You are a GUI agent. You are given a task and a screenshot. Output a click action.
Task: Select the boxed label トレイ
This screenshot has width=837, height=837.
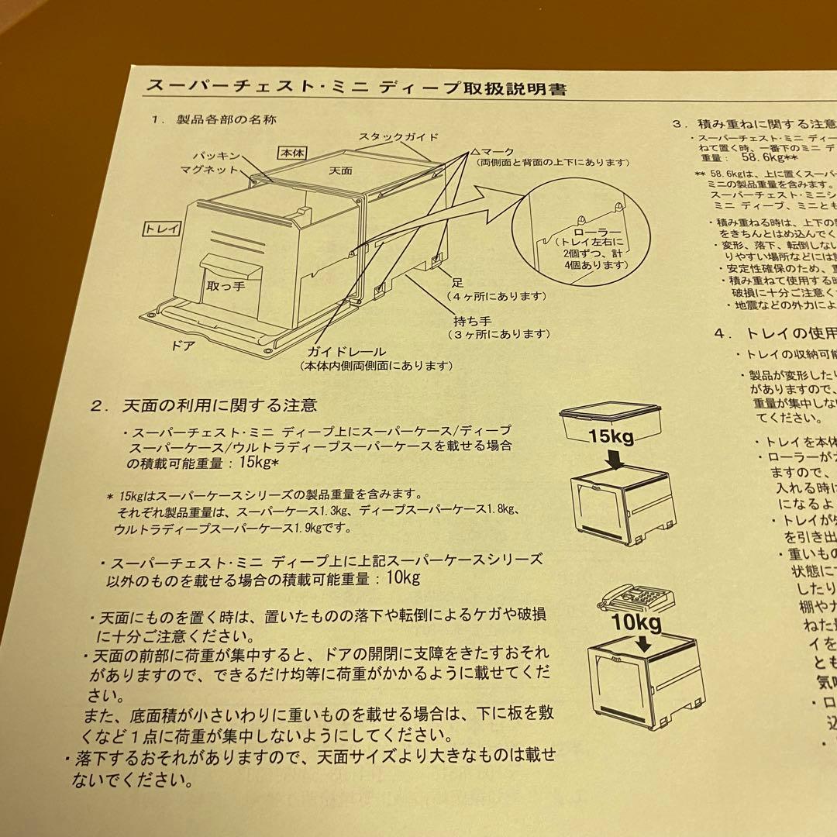[162, 229]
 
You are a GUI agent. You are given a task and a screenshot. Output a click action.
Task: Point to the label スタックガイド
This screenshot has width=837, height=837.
[398, 137]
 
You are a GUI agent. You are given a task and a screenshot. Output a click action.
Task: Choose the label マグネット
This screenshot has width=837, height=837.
[209, 169]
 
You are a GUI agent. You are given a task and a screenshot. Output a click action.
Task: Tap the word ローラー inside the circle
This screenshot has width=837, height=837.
[592, 231]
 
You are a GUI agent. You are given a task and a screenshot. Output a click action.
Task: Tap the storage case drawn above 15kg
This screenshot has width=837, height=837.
[611, 416]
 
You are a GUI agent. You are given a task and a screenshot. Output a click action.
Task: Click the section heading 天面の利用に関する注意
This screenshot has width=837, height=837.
[219, 405]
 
